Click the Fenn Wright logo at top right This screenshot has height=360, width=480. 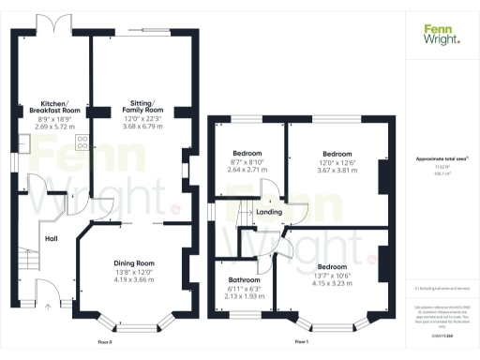pos(441,35)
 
